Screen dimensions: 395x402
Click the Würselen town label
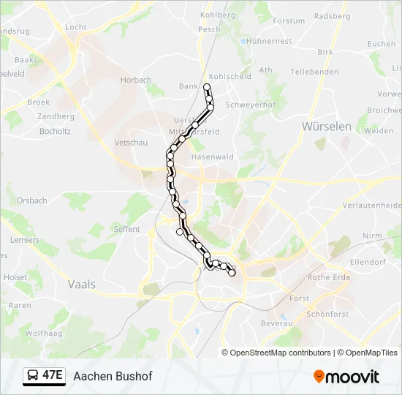(327, 127)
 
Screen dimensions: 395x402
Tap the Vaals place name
(81, 284)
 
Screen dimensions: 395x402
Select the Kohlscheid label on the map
(230, 76)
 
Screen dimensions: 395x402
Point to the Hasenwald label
(212, 157)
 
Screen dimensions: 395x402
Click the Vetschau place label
(132, 143)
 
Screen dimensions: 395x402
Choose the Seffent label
(127, 229)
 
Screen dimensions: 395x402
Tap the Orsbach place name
(32, 200)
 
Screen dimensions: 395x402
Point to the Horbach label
(136, 80)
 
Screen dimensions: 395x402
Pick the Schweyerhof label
(250, 105)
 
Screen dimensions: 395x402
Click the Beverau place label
(276, 323)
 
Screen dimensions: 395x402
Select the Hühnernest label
(270, 42)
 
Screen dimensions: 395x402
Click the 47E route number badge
(52, 375)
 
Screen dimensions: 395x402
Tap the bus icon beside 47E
(33, 375)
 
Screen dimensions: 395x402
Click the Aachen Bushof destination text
(113, 375)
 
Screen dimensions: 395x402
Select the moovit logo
(346, 376)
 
